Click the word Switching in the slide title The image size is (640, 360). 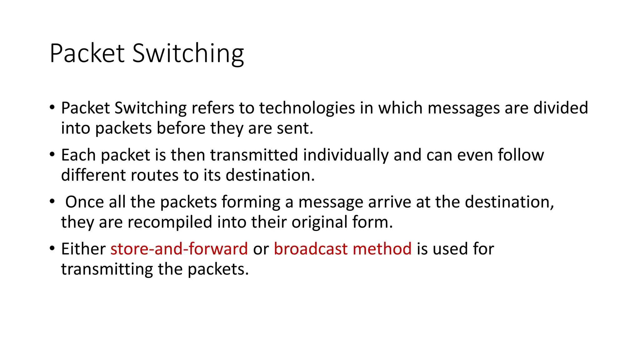pyautogui.click(x=188, y=54)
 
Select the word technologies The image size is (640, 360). pyautogui.click(x=307, y=108)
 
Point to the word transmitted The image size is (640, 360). pyautogui.click(x=254, y=155)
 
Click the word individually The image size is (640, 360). pyautogui.click(x=346, y=156)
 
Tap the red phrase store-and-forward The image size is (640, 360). pyautogui.click(x=179, y=249)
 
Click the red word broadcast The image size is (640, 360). pyautogui.click(x=311, y=249)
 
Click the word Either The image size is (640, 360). pyautogui.click(x=83, y=249)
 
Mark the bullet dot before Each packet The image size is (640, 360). pyautogui.click(x=52, y=154)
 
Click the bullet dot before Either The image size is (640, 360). pyautogui.click(x=52, y=248)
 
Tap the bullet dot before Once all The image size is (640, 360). pyautogui.click(x=52, y=202)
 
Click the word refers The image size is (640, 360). pyautogui.click(x=213, y=108)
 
